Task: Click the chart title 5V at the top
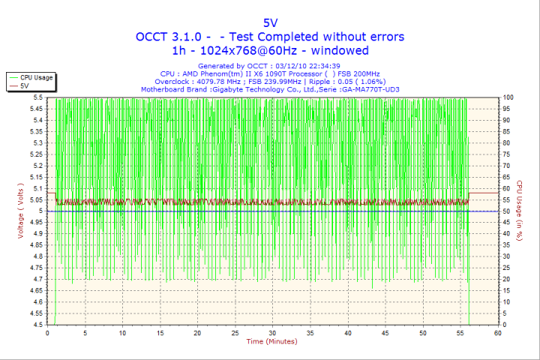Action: (270, 22)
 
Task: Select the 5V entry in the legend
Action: (25, 86)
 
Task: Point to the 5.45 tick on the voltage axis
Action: (35, 109)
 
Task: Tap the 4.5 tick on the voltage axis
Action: (37, 325)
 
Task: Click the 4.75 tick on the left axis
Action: (35, 268)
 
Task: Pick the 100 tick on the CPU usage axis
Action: (508, 97)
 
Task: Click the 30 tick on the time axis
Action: (272, 333)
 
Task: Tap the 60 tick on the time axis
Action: (497, 333)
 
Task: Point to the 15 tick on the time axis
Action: (160, 333)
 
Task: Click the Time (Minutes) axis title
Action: (271, 342)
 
